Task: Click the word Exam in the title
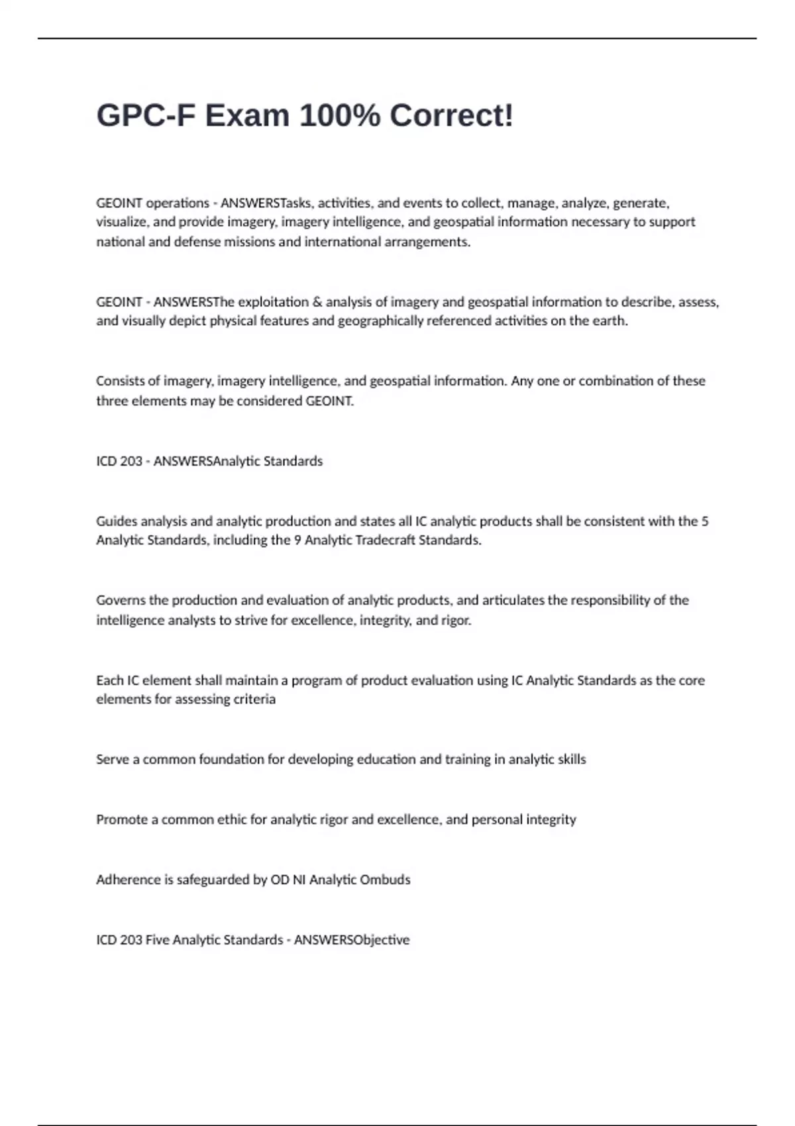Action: pos(247,116)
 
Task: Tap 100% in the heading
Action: pos(340,116)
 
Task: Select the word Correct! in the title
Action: pos(451,116)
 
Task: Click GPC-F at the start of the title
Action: pos(146,116)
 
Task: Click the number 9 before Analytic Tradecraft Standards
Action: pos(297,540)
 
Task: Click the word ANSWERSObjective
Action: pos(351,940)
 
